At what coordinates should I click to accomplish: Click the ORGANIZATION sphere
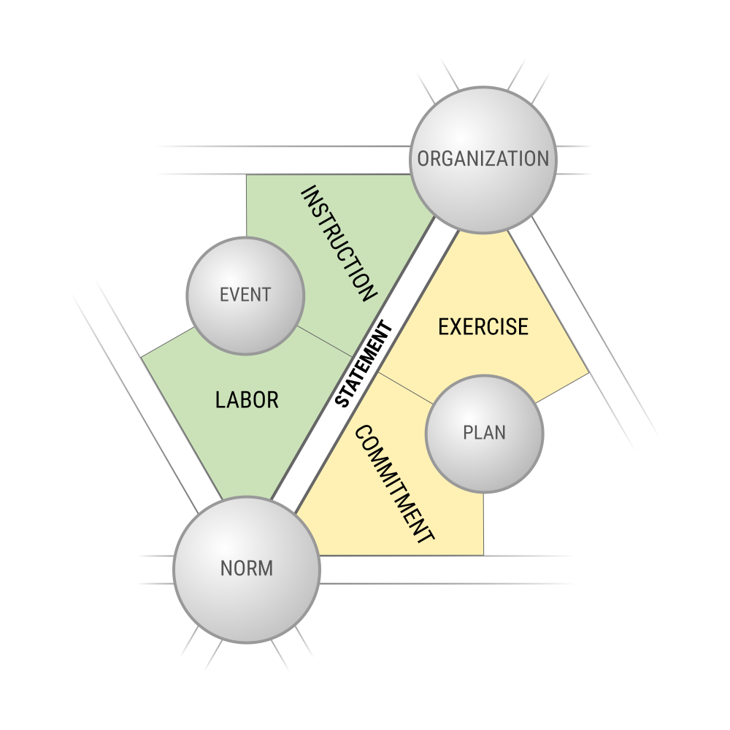coord(483,160)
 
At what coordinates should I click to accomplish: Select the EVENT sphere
coord(245,296)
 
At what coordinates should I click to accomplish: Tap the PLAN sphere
coord(484,434)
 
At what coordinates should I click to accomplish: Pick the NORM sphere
coord(247,570)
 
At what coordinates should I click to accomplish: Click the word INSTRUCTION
coord(339,244)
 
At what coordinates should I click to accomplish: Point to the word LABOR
coord(247,400)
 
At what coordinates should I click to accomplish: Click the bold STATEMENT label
coord(364,363)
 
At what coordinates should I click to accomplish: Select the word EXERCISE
coord(483,327)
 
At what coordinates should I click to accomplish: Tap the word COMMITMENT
coord(394,484)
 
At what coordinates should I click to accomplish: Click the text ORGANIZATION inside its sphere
coord(483,158)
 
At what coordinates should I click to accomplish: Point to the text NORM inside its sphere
coord(247,569)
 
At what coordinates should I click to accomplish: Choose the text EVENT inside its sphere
coord(245,295)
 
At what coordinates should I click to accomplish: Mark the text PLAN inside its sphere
coord(484,433)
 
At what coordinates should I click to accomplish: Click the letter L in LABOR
coord(220,400)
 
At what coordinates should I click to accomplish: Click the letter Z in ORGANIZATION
coord(502,158)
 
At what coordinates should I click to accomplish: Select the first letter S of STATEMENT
coord(342,400)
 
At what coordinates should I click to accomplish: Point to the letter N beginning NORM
coord(226,569)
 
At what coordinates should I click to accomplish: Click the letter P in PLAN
coord(469,433)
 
